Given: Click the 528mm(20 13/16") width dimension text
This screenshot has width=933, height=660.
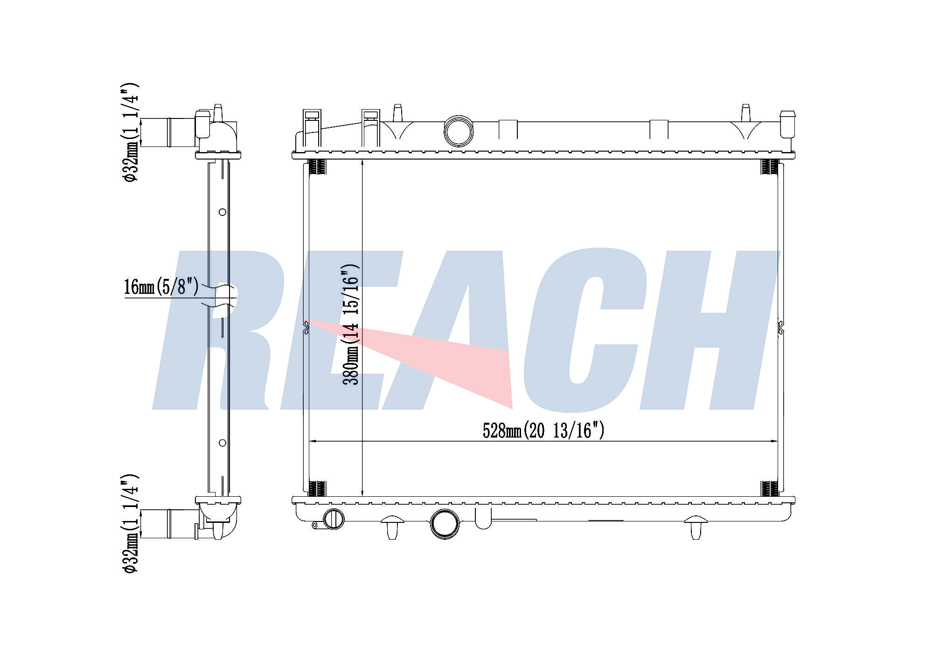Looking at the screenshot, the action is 543,430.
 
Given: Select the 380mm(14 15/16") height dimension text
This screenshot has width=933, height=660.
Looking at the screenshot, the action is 351,324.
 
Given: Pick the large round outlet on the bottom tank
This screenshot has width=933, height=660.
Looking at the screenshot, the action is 445,523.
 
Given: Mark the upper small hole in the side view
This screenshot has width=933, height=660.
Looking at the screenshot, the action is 223,212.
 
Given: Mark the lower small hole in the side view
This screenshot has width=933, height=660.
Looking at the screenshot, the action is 223,443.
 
